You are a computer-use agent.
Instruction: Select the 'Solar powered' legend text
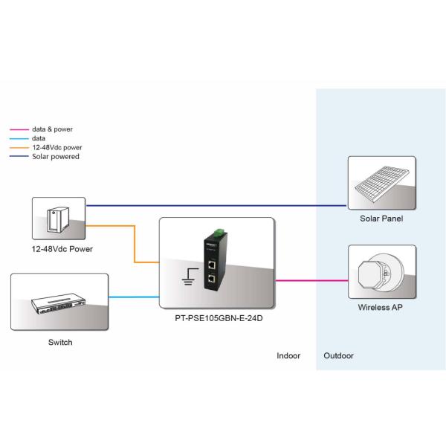[56, 156]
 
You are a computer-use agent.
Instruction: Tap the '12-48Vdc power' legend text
[56, 147]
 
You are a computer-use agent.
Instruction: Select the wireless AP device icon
[380, 271]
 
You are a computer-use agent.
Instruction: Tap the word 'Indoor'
[288, 356]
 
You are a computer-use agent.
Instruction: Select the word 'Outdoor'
[339, 356]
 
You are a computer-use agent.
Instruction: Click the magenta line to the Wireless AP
[311, 281]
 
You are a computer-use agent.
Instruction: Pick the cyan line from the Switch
[135, 297]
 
